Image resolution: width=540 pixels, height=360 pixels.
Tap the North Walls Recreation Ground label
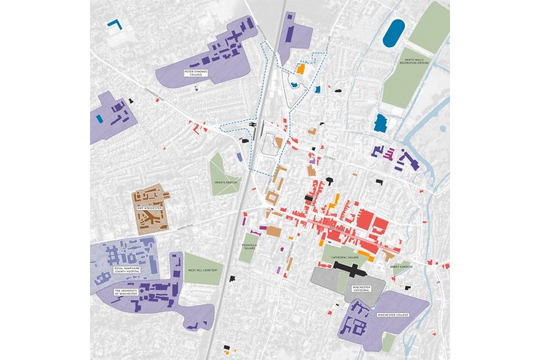pyautogui.click(x=418, y=63)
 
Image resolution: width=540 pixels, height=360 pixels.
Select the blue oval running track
pyautogui.click(x=394, y=33)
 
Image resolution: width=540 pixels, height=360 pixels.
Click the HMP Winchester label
pyautogui.click(x=149, y=209)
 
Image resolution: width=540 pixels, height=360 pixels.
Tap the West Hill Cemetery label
pyautogui.click(x=201, y=270)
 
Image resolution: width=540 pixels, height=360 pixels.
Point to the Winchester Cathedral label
pyautogui.click(x=361, y=288)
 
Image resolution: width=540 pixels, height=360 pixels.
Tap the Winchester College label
pyautogui.click(x=392, y=316)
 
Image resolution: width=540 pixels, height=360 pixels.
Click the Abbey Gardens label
pyautogui.click(x=401, y=266)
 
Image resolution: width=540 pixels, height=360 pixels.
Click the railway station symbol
pyautogui.click(x=250, y=124)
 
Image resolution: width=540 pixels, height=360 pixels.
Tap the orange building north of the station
pyautogui.click(x=300, y=70)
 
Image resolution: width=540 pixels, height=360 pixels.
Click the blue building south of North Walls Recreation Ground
pyautogui.click(x=380, y=123)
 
